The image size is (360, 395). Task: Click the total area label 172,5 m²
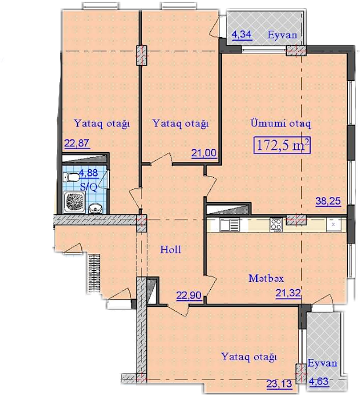pyautogui.click(x=282, y=145)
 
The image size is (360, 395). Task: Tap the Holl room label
pyautogui.click(x=171, y=249)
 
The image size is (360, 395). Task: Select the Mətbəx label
pyautogui.click(x=266, y=278)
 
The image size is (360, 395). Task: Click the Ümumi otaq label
pyautogui.click(x=280, y=124)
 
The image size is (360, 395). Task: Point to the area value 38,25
pyautogui.click(x=328, y=201)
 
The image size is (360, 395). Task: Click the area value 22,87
pyautogui.click(x=77, y=143)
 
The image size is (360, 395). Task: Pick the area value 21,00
pyautogui.click(x=204, y=153)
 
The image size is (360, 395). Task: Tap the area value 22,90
pyautogui.click(x=189, y=295)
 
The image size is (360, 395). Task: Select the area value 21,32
pyautogui.click(x=288, y=293)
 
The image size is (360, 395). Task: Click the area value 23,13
pyautogui.click(x=279, y=384)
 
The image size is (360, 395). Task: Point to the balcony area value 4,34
pyautogui.click(x=242, y=34)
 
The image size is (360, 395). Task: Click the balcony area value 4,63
pyautogui.click(x=318, y=381)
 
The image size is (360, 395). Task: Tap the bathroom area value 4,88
pyautogui.click(x=88, y=173)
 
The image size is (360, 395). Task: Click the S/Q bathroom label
pyautogui.click(x=88, y=187)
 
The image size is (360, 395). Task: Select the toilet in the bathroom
pyautogui.click(x=71, y=177)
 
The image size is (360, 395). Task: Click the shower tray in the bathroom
pyautogui.click(x=75, y=202)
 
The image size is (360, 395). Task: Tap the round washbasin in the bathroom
pyautogui.click(x=96, y=209)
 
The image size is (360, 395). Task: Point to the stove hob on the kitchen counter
pyautogui.click(x=276, y=224)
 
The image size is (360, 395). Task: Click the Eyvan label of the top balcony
pyautogui.click(x=282, y=35)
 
